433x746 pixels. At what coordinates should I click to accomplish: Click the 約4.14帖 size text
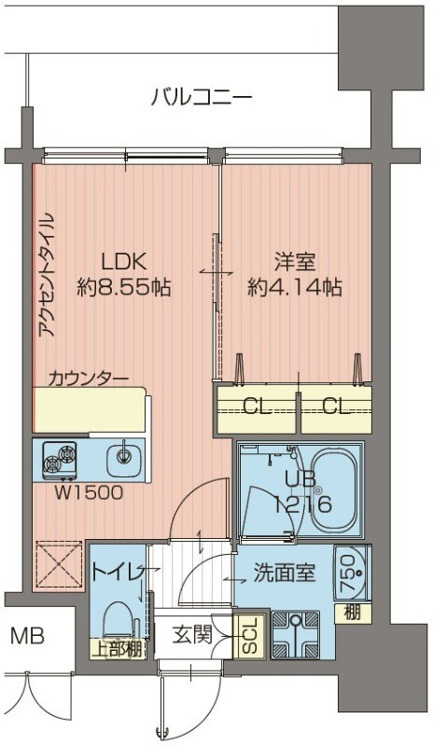click(294, 287)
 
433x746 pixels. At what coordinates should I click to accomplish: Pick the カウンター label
click(88, 379)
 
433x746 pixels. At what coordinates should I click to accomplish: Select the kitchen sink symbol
click(121, 459)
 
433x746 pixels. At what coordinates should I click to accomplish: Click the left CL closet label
click(256, 406)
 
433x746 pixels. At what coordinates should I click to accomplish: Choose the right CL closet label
click(335, 406)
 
